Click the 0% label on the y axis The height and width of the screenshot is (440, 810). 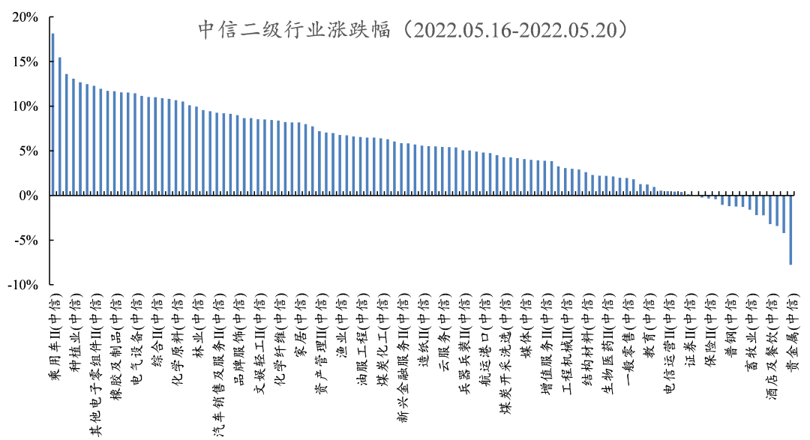tap(30, 196)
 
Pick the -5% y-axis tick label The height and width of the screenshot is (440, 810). tap(27, 241)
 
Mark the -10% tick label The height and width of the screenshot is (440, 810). tap(24, 285)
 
